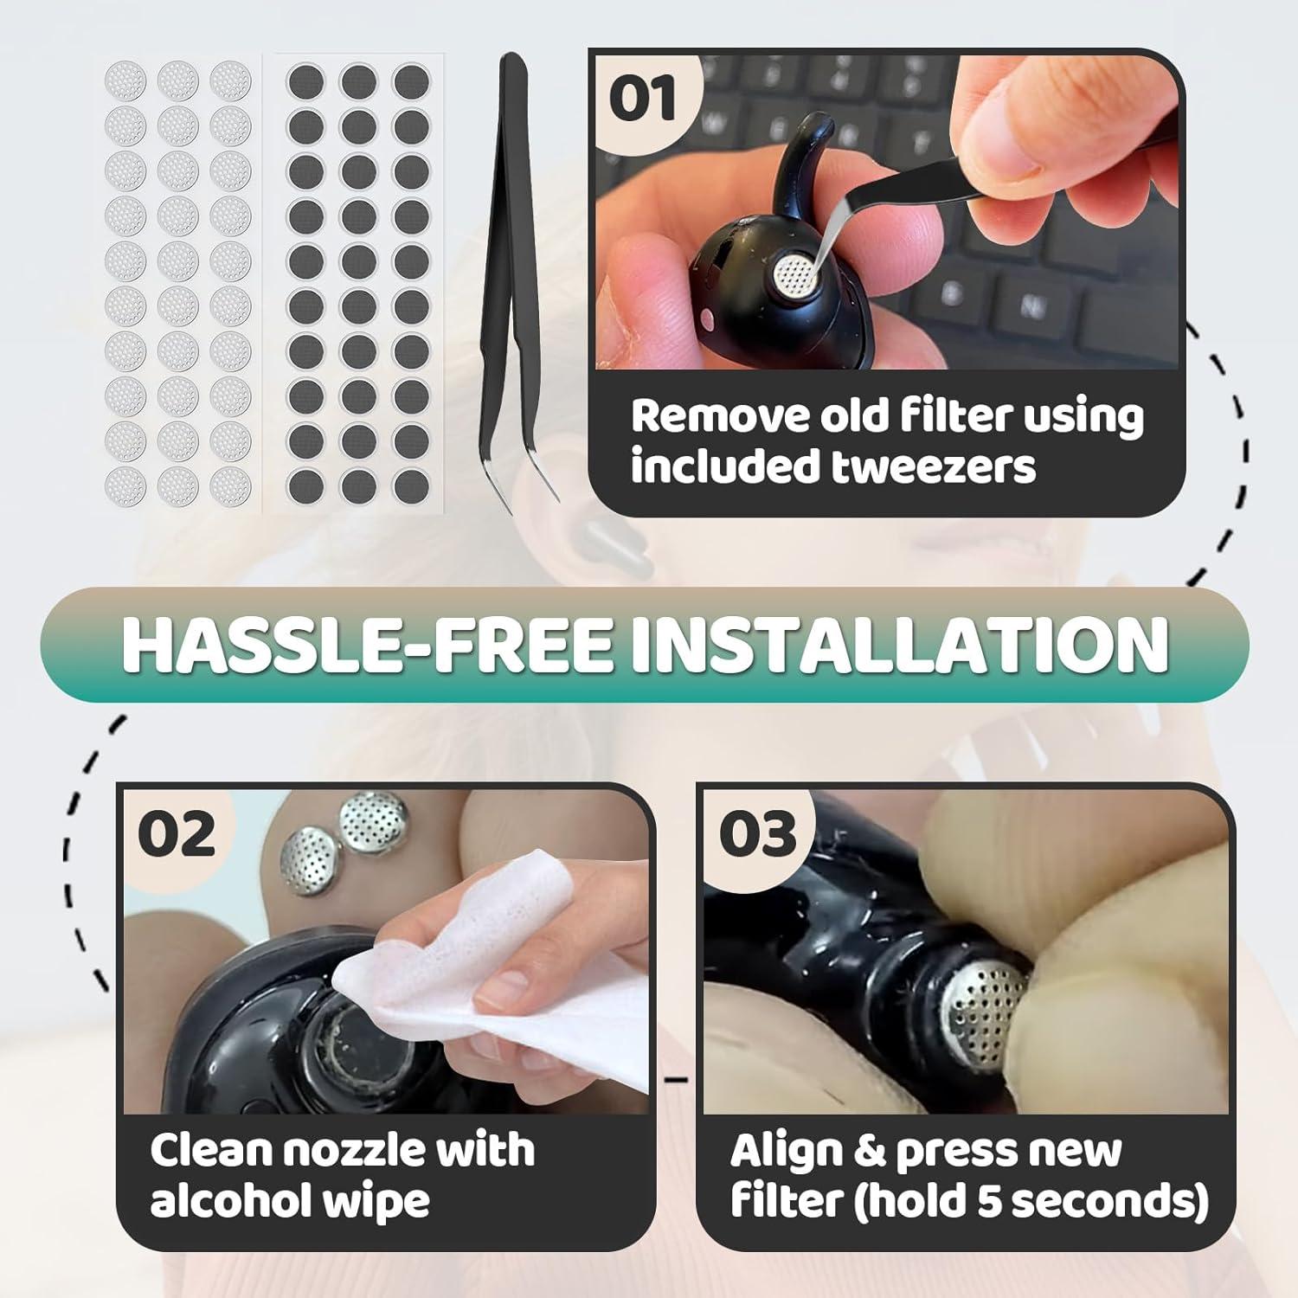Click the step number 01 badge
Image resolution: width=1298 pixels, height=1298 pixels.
tap(642, 100)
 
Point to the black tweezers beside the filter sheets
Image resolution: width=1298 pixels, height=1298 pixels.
tap(515, 277)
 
